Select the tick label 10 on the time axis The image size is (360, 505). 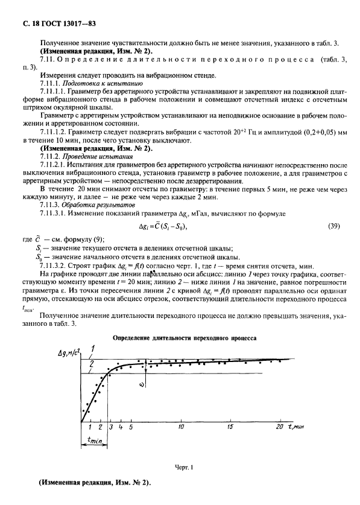tap(180, 427)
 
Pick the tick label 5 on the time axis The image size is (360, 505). tap(131, 427)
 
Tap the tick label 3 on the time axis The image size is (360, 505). tap(111, 427)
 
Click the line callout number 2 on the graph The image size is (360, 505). tap(92, 364)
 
